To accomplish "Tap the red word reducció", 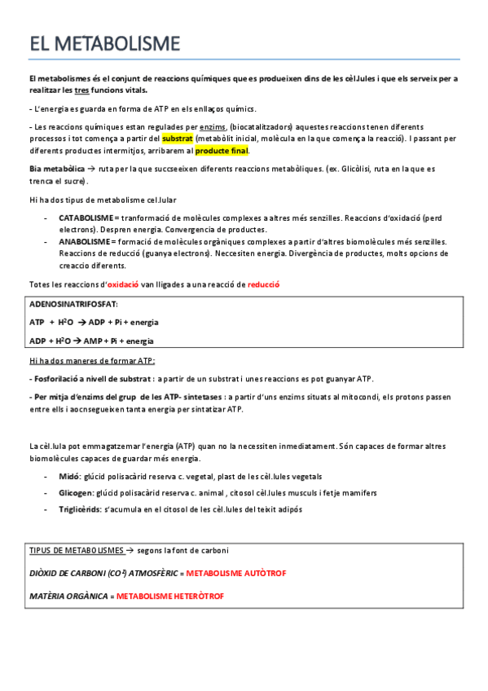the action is pyautogui.click(x=263, y=284).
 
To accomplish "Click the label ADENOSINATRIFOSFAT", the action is pyautogui.click(x=74, y=303).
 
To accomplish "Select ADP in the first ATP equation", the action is pyautogui.click(x=102, y=323).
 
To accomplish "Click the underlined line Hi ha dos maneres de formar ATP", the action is pyautogui.click(x=91, y=360).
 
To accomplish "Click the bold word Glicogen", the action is pyautogui.click(x=75, y=493).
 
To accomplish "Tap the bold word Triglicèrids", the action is pyautogui.click(x=80, y=509).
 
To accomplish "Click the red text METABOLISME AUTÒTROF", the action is pyautogui.click(x=236, y=574).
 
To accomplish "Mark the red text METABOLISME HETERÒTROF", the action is pyautogui.click(x=169, y=596).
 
